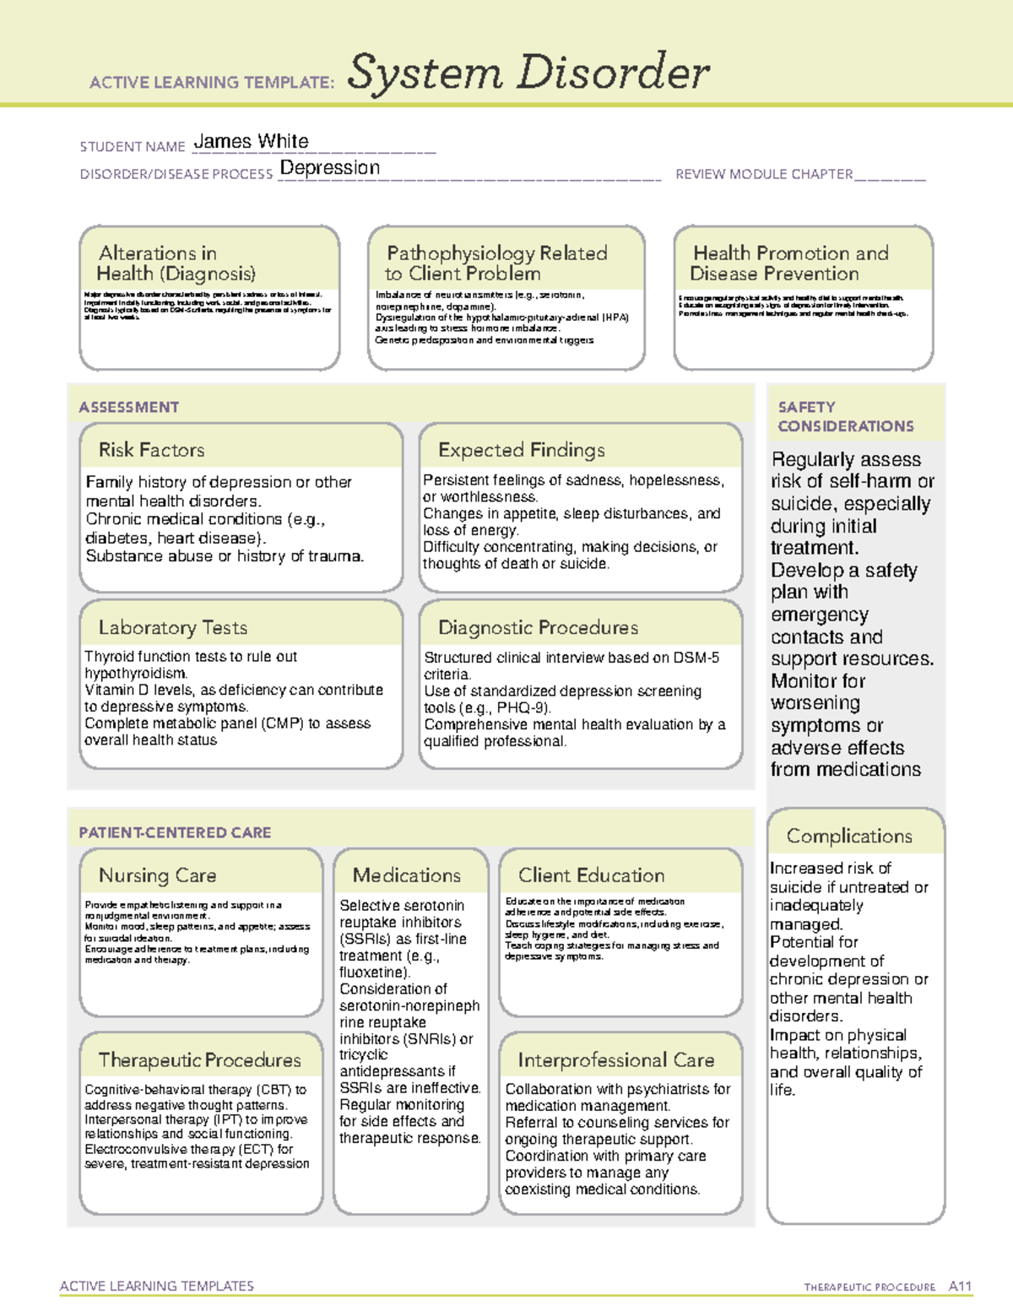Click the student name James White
(x=251, y=142)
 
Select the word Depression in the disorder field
(x=329, y=168)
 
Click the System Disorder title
(x=528, y=73)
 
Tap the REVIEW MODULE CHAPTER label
(x=764, y=175)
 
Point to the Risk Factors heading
(x=152, y=450)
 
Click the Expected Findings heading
(x=522, y=450)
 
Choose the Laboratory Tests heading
(x=173, y=627)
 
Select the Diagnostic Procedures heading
(x=538, y=627)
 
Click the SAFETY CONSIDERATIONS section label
(x=845, y=416)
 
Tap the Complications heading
(x=849, y=836)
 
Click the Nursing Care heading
(x=158, y=875)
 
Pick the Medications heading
(x=407, y=875)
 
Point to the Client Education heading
(x=592, y=875)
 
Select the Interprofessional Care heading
(x=616, y=1060)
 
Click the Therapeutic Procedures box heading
(x=200, y=1060)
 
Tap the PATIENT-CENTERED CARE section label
(x=175, y=832)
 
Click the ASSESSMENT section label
(x=129, y=407)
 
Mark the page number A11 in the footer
(x=960, y=1287)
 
